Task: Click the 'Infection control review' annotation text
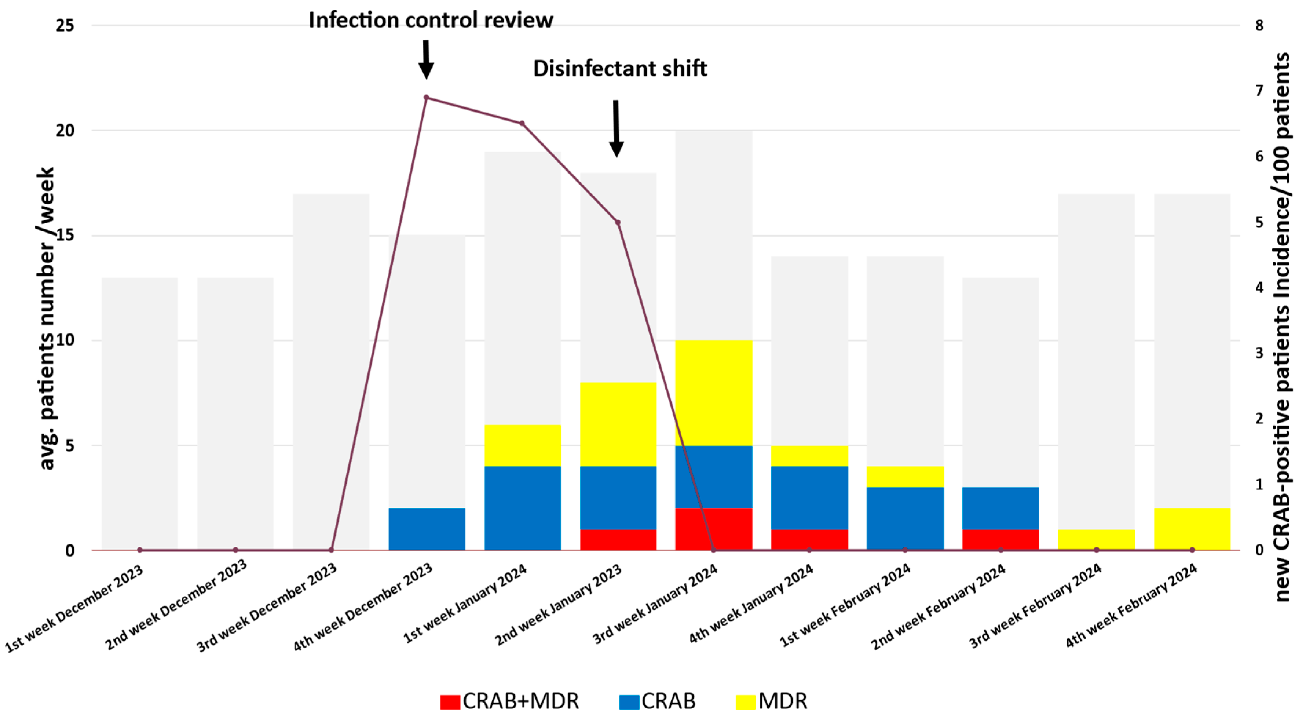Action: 431,20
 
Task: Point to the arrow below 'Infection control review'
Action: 426,59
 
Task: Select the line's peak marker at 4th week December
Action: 426,97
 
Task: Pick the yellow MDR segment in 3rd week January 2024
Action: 713,393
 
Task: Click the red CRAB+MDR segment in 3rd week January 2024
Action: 713,529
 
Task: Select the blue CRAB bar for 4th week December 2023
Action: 427,529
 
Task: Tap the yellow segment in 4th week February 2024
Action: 1192,529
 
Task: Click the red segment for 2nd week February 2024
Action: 1000,539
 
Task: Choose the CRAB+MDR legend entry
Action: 509,701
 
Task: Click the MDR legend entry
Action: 772,701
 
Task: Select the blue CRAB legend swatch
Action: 629,702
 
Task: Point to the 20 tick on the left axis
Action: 65,130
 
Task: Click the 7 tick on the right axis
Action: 1259,91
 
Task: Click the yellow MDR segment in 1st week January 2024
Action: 522,445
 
